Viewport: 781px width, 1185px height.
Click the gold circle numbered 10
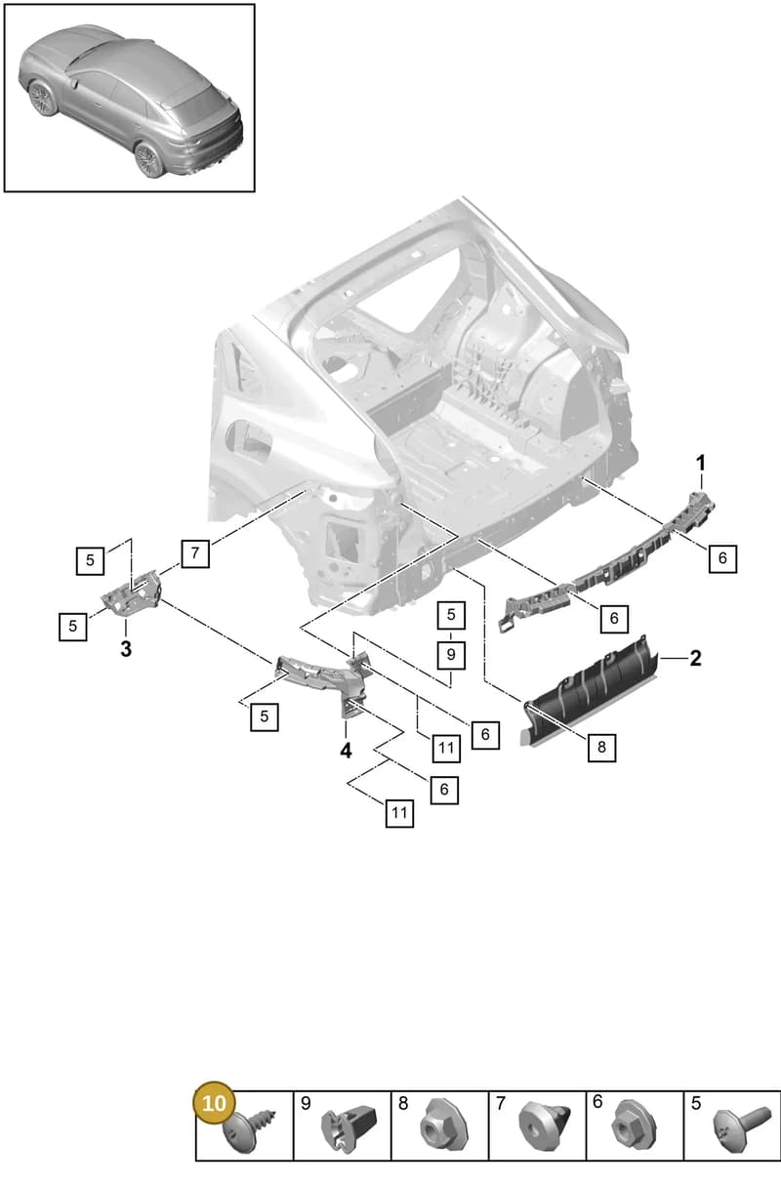(214, 1103)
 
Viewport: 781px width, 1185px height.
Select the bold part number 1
(701, 464)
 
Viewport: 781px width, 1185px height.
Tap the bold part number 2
(695, 658)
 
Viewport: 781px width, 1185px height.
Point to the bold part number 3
(126, 648)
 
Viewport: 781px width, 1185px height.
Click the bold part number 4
(346, 751)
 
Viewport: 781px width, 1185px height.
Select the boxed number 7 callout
(195, 553)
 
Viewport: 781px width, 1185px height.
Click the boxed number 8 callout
(601, 748)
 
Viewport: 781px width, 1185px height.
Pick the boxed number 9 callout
(451, 655)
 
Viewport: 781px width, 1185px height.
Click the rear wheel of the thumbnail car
(148, 159)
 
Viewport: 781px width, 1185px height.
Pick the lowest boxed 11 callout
(399, 812)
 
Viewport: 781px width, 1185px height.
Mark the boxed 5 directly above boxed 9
(451, 615)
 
